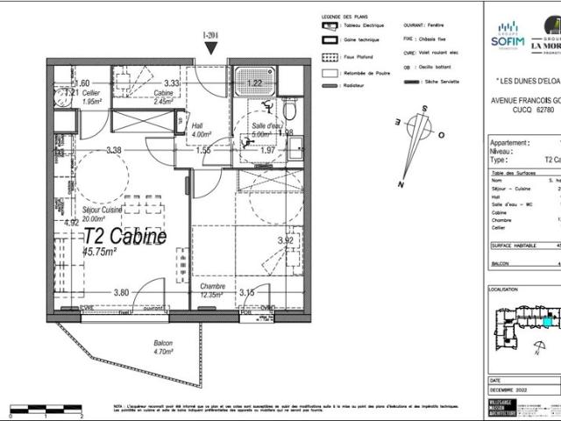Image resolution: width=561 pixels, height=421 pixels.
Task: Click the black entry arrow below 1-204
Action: [x=209, y=48]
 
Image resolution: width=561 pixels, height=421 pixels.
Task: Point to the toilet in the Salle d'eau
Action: [x=289, y=111]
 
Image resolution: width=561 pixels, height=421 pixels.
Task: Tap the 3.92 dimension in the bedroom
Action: [x=285, y=240]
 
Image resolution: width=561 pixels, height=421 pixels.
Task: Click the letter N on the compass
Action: [x=401, y=185]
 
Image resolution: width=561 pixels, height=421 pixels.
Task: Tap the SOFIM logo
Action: [x=508, y=39]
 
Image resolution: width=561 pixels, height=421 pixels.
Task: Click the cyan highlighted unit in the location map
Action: [x=548, y=322]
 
